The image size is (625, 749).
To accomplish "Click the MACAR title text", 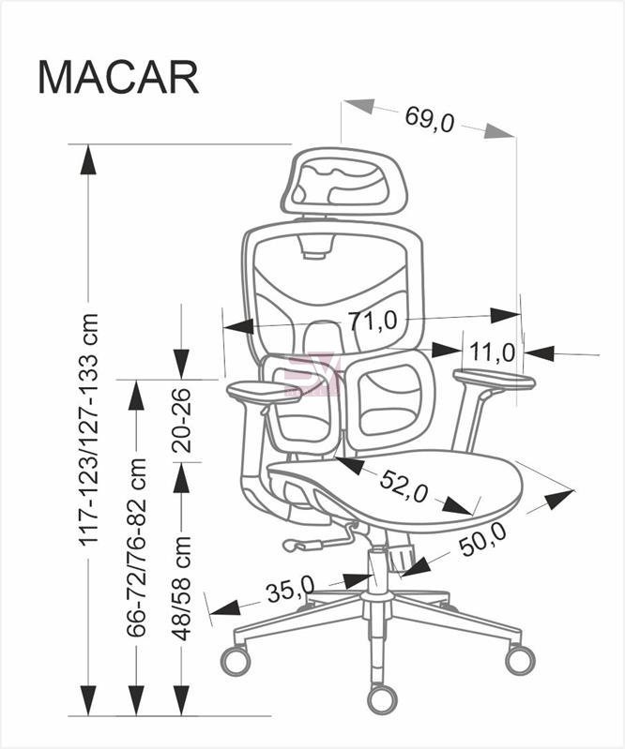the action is (x=118, y=78).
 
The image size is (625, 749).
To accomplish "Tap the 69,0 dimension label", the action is (x=430, y=120).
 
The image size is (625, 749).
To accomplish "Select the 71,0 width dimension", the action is (x=373, y=321).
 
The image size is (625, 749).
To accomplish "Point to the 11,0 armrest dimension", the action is (x=492, y=352).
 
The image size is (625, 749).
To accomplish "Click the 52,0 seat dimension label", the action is (x=404, y=487).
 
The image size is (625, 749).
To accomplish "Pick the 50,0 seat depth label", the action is (x=482, y=539).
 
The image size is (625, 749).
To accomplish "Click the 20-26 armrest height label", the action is (x=182, y=421).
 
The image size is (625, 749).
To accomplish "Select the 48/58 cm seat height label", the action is (x=182, y=588).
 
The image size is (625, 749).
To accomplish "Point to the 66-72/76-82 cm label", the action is (x=136, y=547).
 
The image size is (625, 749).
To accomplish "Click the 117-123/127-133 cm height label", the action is (x=89, y=429).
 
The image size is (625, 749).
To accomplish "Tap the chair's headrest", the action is (x=343, y=182).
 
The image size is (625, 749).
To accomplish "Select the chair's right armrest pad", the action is (x=494, y=380).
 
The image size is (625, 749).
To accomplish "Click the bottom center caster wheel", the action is (x=382, y=697).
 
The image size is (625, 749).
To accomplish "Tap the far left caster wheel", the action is (x=236, y=660).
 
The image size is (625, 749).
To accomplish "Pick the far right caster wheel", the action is (x=520, y=659).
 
